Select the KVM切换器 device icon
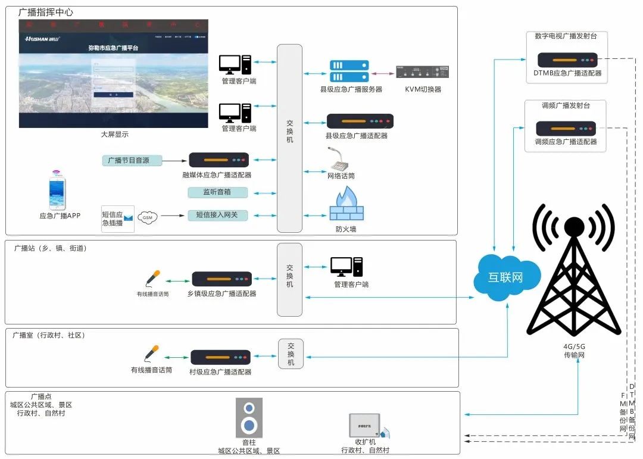pos(422,72)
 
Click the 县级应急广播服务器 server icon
pos(349,71)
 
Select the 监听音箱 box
pos(217,192)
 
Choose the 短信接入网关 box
pos(217,215)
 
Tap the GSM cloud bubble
pos(148,218)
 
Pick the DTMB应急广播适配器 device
pos(567,60)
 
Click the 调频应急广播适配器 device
pos(566,128)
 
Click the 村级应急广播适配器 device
pos(220,357)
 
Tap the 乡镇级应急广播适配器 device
pos(221,279)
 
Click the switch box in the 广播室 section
pos(291,354)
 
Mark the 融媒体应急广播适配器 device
pos(219,160)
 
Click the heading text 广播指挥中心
pos(46,13)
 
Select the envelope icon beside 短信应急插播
pos(128,218)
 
